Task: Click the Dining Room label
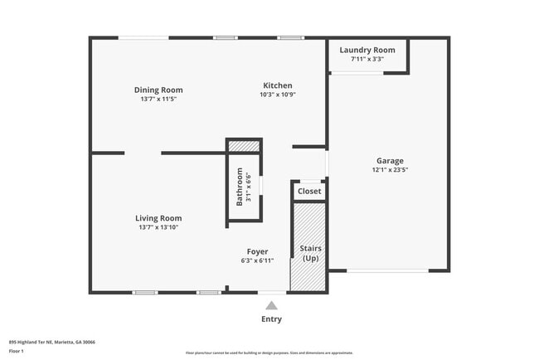[x=158, y=90]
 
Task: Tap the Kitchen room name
[x=277, y=85]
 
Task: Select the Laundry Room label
[x=367, y=50]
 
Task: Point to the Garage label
[x=390, y=160]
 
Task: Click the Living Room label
[x=158, y=218]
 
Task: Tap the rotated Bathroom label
[x=240, y=187]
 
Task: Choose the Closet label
[x=309, y=191]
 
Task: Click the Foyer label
[x=257, y=251]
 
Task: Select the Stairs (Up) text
[x=309, y=253]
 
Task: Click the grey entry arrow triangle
[x=271, y=304]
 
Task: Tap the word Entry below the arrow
[x=271, y=319]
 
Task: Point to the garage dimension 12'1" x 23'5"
[x=390, y=169]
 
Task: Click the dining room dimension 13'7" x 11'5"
[x=158, y=99]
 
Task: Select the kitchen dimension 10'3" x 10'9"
[x=277, y=95]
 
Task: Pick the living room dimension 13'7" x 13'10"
[x=158, y=227]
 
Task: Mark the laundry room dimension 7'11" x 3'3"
[x=367, y=59]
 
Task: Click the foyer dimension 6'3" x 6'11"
[x=257, y=260]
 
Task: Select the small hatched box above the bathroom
[x=244, y=147]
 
